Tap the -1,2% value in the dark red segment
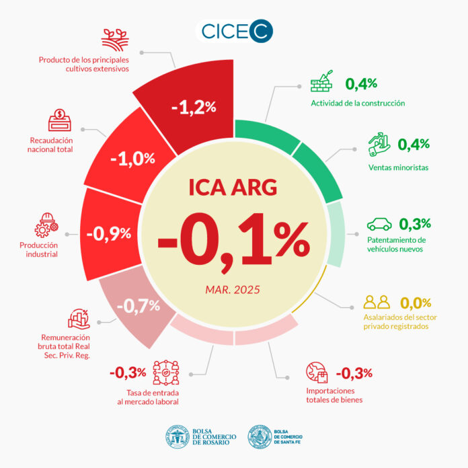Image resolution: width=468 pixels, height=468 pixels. tap(194, 106)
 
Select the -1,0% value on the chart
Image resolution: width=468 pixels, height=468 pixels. tap(132, 159)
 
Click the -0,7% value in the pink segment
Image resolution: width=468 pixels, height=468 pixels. tap(138, 306)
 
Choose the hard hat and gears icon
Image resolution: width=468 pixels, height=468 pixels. tap(48, 226)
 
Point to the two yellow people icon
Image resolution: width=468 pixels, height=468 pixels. tap(376, 302)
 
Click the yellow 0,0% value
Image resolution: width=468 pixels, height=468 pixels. tap(416, 303)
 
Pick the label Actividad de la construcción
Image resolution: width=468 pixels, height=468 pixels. tap(357, 103)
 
